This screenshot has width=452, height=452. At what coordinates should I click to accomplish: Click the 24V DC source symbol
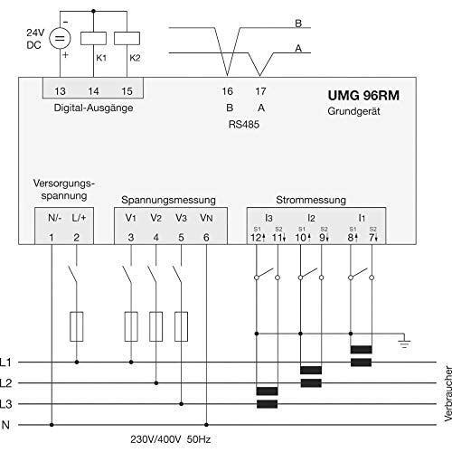[x=60, y=38]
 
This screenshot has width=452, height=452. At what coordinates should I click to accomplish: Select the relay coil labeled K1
[x=93, y=38]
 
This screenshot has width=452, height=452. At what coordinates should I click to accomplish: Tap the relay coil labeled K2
[x=127, y=38]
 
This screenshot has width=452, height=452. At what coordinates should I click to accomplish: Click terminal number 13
[x=60, y=91]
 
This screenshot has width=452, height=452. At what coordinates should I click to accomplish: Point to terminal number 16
[x=228, y=91]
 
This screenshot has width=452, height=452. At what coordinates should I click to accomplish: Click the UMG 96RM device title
[x=363, y=96]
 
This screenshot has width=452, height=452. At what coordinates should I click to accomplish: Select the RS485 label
[x=244, y=125]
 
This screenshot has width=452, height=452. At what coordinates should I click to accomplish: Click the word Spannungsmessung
[x=168, y=200]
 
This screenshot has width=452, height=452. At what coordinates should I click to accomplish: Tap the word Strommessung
[x=311, y=200]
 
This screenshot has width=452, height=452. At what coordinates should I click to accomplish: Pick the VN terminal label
[x=206, y=218]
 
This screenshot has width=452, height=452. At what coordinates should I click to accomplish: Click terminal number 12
[x=256, y=238]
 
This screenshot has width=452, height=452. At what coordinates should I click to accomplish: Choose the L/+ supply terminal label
[x=79, y=218]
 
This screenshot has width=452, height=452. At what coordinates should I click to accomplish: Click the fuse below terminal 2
[x=77, y=326]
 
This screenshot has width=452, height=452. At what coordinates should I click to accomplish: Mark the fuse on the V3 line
[x=181, y=326]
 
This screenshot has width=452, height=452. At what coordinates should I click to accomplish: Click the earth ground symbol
[x=404, y=344]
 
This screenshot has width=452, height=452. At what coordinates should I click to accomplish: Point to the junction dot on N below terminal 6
[x=206, y=425]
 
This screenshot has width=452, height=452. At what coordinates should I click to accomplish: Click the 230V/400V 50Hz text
[x=171, y=439]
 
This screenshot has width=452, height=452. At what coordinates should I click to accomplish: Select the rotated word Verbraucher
[x=448, y=393]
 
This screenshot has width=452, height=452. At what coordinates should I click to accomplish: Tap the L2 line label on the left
[x=5, y=383]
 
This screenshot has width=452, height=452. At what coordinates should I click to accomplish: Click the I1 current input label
[x=362, y=218]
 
